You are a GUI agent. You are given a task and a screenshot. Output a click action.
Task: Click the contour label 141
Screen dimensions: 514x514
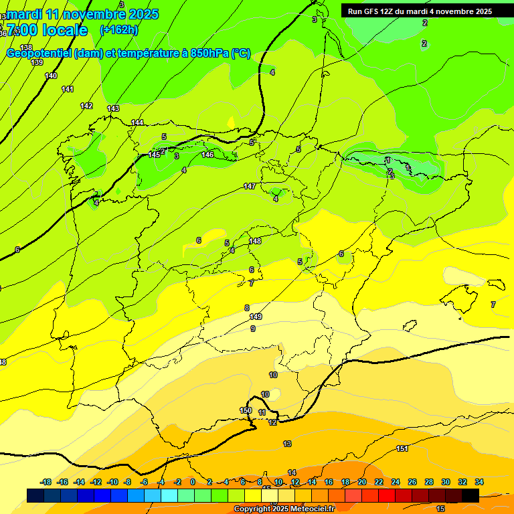pyautogui.click(x=68, y=89)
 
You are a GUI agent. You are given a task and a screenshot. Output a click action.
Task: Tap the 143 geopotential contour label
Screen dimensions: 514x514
pyautogui.click(x=113, y=108)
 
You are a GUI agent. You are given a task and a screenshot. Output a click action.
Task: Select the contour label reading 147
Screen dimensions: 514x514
pyautogui.click(x=250, y=186)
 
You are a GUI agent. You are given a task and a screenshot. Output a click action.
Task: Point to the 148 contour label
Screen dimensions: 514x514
pyautogui.click(x=255, y=241)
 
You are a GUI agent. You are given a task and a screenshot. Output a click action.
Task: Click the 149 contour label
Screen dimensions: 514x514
pyautogui.click(x=255, y=317)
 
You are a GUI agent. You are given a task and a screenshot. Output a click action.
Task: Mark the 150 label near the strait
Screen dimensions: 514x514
pyautogui.click(x=246, y=410)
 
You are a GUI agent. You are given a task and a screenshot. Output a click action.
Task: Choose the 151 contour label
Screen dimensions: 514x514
pyautogui.click(x=402, y=448)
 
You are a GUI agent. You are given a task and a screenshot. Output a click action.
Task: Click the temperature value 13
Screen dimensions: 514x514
pyautogui.click(x=287, y=444)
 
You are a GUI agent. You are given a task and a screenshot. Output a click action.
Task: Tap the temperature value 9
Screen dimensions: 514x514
pyautogui.click(x=253, y=329)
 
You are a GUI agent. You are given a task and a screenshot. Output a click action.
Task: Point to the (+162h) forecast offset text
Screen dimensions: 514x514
pyautogui.click(x=118, y=30)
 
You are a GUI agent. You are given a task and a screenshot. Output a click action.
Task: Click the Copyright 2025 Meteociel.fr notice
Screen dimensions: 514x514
pyautogui.click(x=284, y=509)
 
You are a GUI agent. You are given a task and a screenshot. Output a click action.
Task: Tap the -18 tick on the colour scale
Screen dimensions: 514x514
pyautogui.click(x=46, y=482)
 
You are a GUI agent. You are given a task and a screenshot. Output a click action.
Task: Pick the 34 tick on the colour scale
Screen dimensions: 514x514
pyautogui.click(x=479, y=482)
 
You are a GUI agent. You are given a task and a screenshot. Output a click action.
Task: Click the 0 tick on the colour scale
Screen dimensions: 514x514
pyautogui.click(x=193, y=482)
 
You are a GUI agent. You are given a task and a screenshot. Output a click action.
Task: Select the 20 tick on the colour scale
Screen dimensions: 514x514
pyautogui.click(x=362, y=482)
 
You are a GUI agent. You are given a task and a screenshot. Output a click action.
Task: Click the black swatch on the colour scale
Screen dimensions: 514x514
pyautogui.click(x=470, y=495)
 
